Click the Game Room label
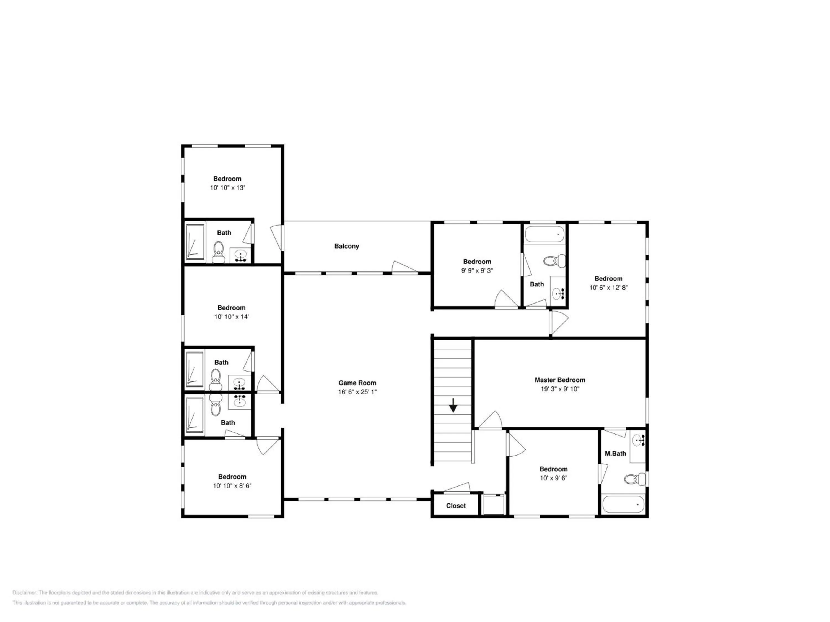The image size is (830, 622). pyautogui.click(x=357, y=383)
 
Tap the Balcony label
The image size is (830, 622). pyautogui.click(x=347, y=246)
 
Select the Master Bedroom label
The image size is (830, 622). pyautogui.click(x=560, y=380)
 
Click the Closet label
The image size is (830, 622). pyautogui.click(x=456, y=506)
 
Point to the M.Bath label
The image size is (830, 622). pyautogui.click(x=615, y=454)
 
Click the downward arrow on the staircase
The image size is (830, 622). pyautogui.click(x=453, y=405)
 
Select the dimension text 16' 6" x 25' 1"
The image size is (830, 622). pyautogui.click(x=357, y=392)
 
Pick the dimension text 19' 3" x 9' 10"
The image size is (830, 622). pyautogui.click(x=560, y=389)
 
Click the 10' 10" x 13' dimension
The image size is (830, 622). pyautogui.click(x=227, y=188)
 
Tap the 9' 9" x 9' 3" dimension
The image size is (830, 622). pyautogui.click(x=477, y=271)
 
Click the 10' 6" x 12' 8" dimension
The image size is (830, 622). pyautogui.click(x=608, y=288)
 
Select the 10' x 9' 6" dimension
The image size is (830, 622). pyautogui.click(x=553, y=478)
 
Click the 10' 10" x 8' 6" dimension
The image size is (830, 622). pyautogui.click(x=232, y=486)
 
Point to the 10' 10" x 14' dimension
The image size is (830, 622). pyautogui.click(x=232, y=317)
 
